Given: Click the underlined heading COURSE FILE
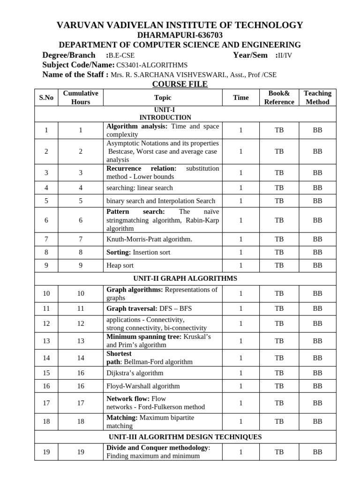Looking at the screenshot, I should coord(180,84).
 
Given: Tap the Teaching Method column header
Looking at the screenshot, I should coord(317,97).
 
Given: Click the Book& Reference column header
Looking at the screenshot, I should coord(279,97).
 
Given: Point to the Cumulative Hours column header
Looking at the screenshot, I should coord(81,97).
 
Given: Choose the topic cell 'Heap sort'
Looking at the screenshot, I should coord(120,265).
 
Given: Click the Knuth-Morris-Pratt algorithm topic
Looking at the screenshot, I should coord(149,239).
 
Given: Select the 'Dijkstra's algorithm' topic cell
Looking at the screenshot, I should coord(135,373).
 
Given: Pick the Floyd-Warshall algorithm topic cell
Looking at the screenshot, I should coord(143,386).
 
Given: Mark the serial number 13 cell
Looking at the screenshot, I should coord(46,341).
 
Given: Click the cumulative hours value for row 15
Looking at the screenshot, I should coord(81,373).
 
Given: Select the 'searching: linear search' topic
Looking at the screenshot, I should coord(140,187).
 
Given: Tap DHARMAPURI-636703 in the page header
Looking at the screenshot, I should coord(180,35).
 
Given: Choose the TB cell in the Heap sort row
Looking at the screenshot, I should coord(279,265).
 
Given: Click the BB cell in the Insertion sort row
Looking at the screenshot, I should coord(317,252).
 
